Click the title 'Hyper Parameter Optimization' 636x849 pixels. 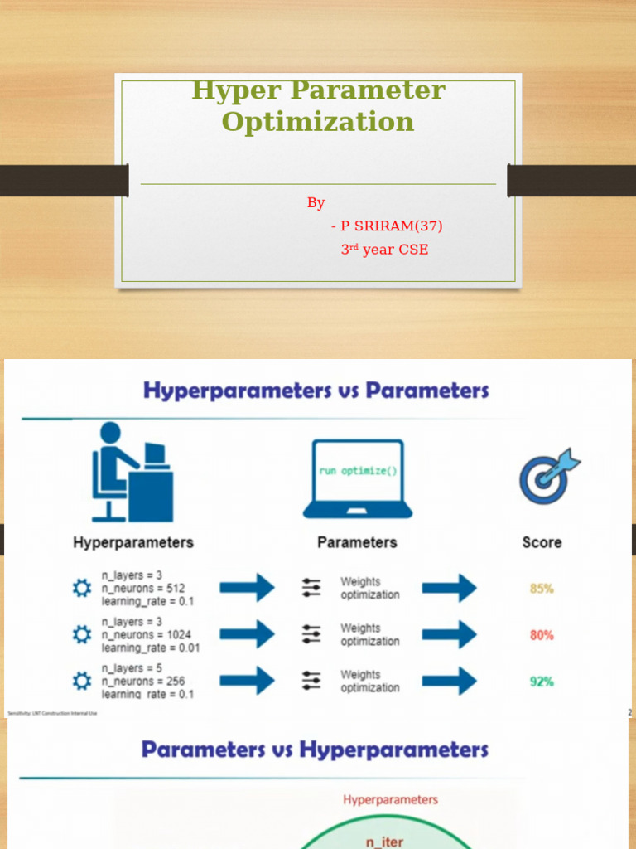click(x=318, y=105)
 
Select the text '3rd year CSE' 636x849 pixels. click(x=384, y=249)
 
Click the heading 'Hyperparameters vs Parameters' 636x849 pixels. click(x=316, y=391)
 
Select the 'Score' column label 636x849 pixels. click(x=542, y=542)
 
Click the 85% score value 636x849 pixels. click(x=542, y=589)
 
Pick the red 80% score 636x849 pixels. click(x=542, y=635)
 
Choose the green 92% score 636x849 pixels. click(x=542, y=682)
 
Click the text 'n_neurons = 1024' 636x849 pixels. click(x=147, y=635)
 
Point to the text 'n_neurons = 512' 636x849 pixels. click(x=143, y=589)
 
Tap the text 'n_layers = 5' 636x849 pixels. click(x=132, y=668)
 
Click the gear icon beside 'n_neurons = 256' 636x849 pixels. click(x=81, y=682)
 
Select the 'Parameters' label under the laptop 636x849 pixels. click(x=357, y=542)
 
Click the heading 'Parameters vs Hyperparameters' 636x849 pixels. click(x=315, y=750)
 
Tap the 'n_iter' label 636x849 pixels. click(x=385, y=842)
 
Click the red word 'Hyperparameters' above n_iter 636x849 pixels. click(x=390, y=800)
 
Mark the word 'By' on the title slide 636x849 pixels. click(x=316, y=203)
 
